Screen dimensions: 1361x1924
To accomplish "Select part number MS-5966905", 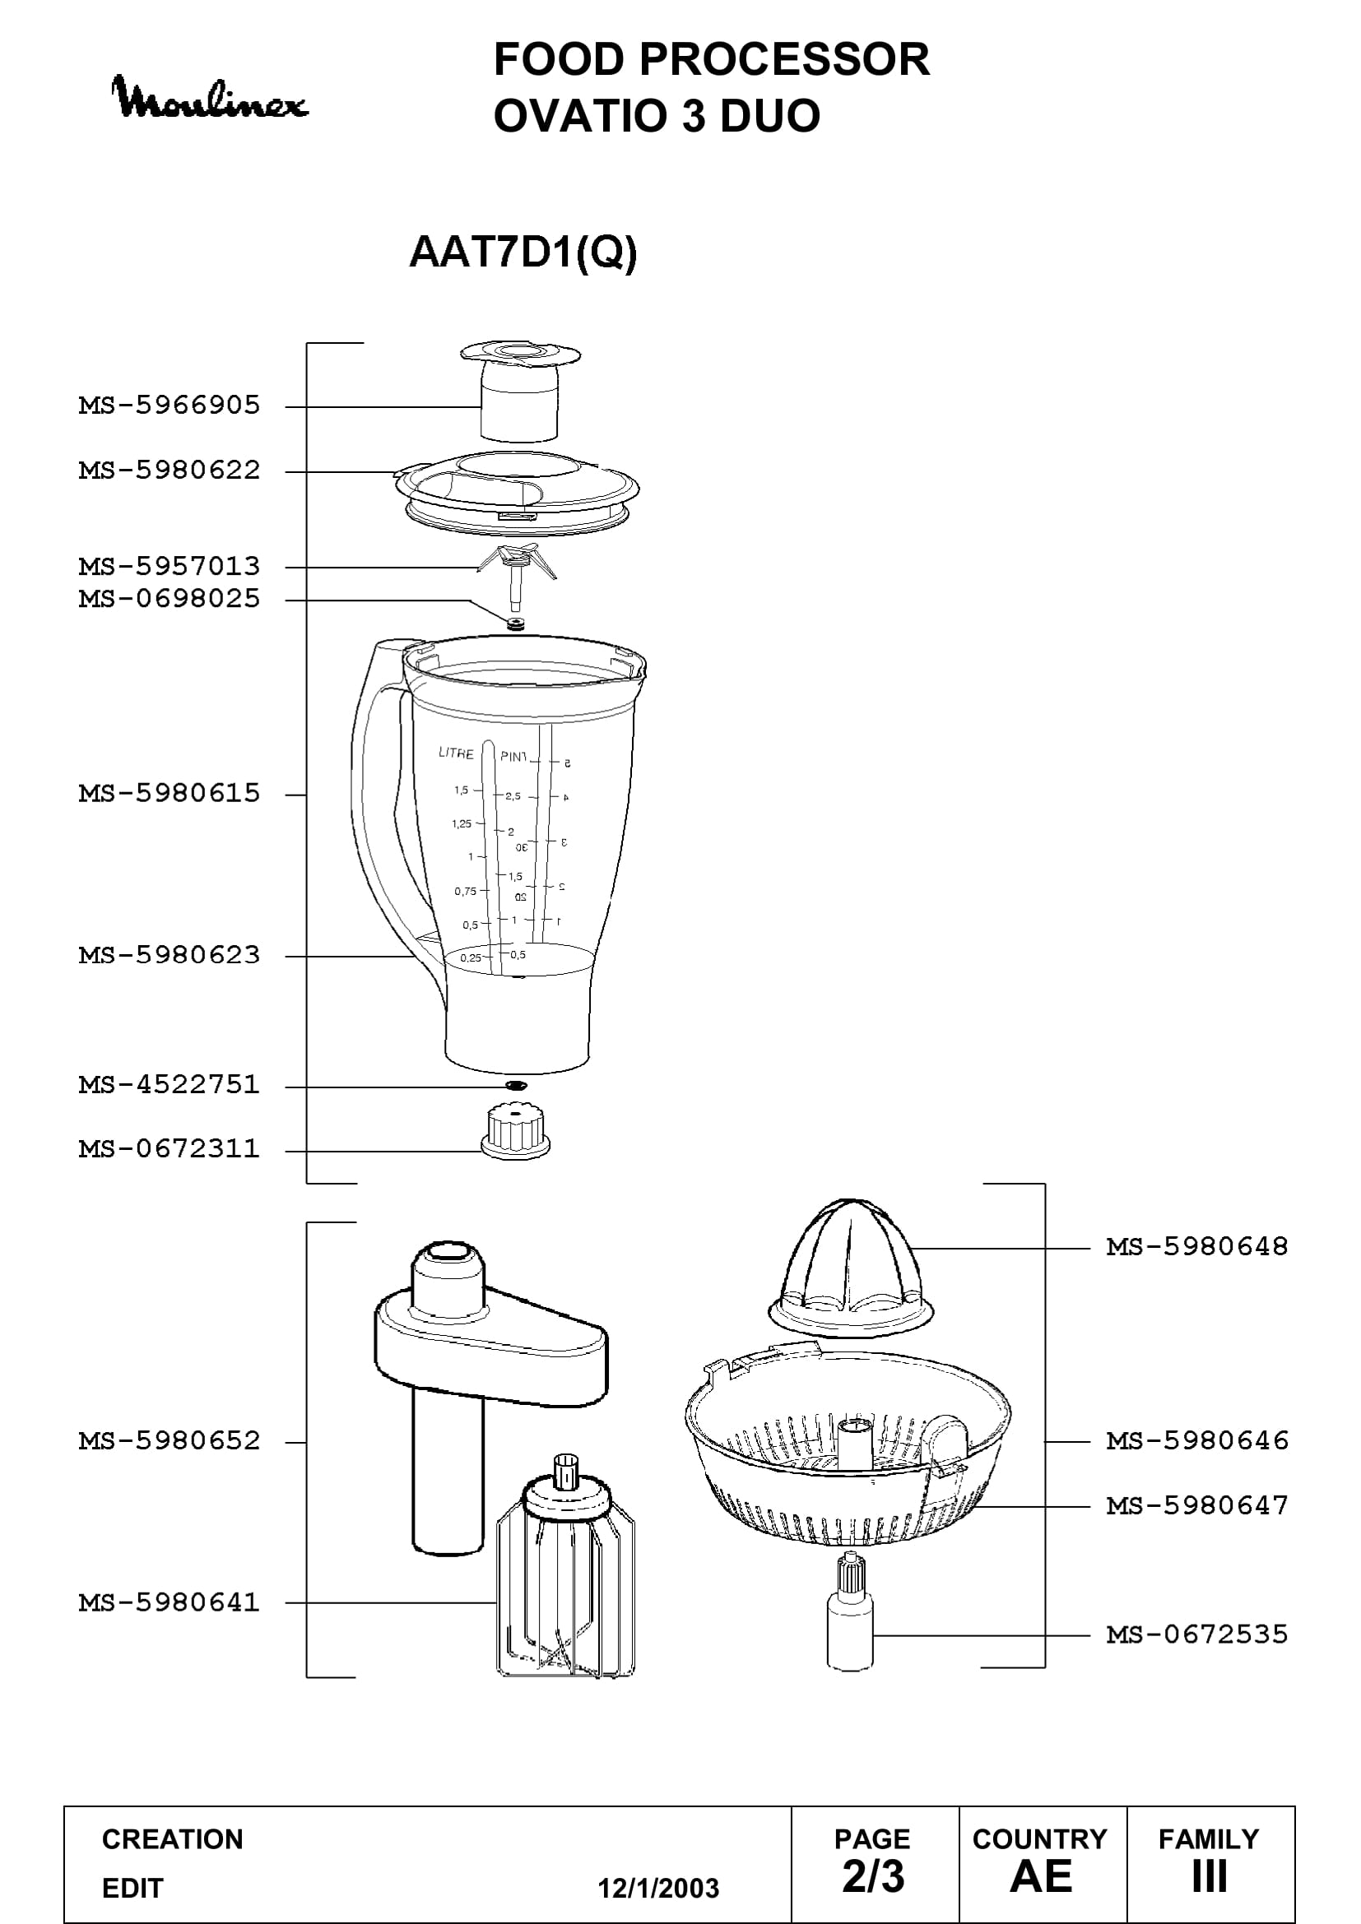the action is tap(170, 406).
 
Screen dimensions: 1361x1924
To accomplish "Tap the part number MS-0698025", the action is tap(170, 599).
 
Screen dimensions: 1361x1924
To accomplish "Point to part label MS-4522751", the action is tap(170, 1085).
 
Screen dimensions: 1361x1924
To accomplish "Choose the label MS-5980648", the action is tap(1197, 1247).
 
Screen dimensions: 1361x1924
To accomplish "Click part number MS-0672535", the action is tap(1197, 1634).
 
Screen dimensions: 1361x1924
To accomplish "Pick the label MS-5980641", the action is tap(170, 1602).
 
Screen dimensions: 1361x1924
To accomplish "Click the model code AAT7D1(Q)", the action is tap(523, 252).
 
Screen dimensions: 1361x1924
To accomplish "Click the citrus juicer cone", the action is tap(850, 1270).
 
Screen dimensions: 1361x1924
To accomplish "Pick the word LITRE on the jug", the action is tap(456, 753).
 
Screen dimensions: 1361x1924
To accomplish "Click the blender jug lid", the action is tap(517, 493).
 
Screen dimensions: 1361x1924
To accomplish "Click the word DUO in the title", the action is tap(770, 115).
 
